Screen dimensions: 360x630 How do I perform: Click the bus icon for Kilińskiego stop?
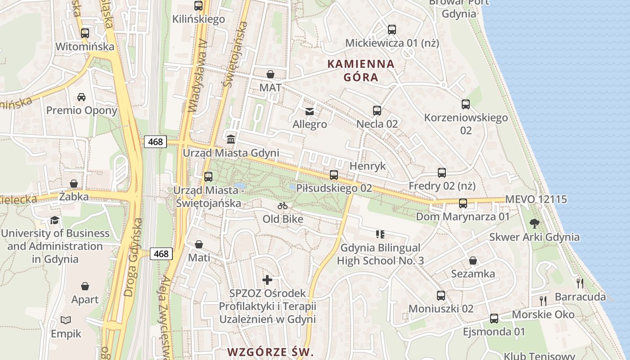tap(198, 6)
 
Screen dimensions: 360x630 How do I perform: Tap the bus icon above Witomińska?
tap(85, 33)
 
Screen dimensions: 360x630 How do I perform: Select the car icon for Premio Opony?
tap(81, 97)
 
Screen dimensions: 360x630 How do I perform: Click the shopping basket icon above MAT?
tap(270, 74)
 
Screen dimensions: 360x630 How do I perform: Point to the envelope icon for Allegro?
tap(310, 111)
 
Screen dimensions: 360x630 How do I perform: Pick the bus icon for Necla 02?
tap(377, 110)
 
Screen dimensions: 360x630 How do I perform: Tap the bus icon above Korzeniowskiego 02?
tap(466, 104)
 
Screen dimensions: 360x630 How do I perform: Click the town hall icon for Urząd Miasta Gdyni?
tap(231, 139)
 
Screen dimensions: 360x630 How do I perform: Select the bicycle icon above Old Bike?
tap(283, 206)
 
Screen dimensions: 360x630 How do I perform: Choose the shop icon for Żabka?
tap(74, 184)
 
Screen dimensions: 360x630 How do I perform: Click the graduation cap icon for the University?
tap(55, 220)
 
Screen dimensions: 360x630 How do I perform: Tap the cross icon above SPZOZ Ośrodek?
tap(267, 280)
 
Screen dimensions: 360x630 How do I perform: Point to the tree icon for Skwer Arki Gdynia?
tap(535, 224)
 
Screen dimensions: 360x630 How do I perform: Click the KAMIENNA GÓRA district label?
tap(360, 71)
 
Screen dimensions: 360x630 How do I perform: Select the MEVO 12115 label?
tap(536, 199)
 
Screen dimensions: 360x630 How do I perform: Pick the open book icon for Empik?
tap(66, 320)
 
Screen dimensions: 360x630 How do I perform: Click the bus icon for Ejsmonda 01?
tap(494, 319)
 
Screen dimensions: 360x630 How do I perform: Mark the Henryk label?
tap(368, 166)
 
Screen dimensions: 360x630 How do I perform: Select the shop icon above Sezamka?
tap(473, 261)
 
